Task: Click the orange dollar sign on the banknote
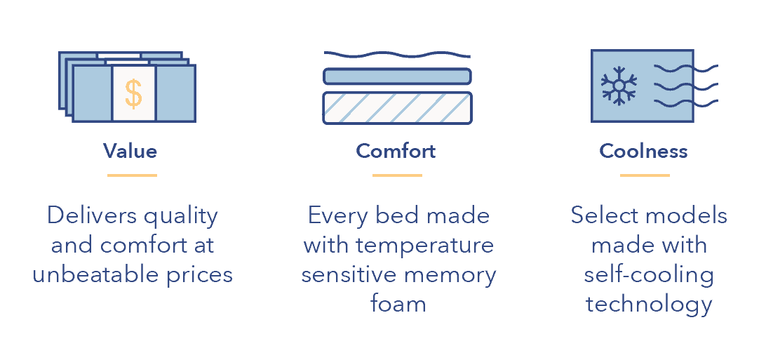(133, 93)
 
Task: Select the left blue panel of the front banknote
(93, 93)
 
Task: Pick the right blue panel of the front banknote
(175, 93)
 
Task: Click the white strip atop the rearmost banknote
(119, 55)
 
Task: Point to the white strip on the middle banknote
(127, 62)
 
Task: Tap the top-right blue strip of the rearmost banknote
(161, 55)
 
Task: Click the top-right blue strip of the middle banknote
(168, 62)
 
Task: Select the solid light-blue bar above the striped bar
(397, 76)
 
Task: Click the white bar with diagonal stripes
(397, 108)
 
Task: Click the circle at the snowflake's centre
(619, 86)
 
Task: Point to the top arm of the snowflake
(619, 72)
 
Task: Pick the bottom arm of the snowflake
(619, 100)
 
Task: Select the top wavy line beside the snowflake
(673, 68)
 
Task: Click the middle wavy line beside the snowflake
(673, 86)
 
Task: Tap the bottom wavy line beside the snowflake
(673, 103)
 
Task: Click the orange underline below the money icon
(132, 175)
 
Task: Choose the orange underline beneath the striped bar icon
(397, 175)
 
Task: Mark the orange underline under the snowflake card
(645, 175)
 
